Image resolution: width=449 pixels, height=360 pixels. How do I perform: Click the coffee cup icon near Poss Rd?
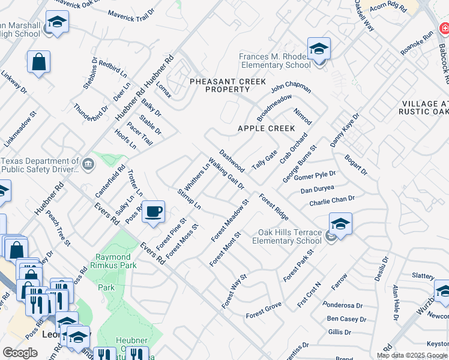tap(154, 212)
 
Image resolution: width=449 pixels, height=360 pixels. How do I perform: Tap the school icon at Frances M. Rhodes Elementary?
tap(319, 49)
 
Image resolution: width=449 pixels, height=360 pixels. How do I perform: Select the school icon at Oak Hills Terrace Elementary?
tap(340, 224)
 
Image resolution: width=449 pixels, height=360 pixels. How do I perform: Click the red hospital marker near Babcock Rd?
tap(444, 28)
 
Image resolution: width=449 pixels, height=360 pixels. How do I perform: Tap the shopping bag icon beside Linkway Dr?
tap(38, 62)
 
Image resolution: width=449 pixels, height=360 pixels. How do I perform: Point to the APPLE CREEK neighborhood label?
tap(266, 128)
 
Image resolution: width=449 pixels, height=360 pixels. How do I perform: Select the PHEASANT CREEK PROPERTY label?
tap(219, 85)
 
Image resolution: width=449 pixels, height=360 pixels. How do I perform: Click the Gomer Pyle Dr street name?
tap(315, 176)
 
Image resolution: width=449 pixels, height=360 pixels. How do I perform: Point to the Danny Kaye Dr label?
tap(345, 130)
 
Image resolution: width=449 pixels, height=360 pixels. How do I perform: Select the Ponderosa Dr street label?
tap(341, 305)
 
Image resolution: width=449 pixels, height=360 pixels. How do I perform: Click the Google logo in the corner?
tap(20, 353)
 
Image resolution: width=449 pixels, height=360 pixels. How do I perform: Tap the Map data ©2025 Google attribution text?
tap(411, 355)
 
